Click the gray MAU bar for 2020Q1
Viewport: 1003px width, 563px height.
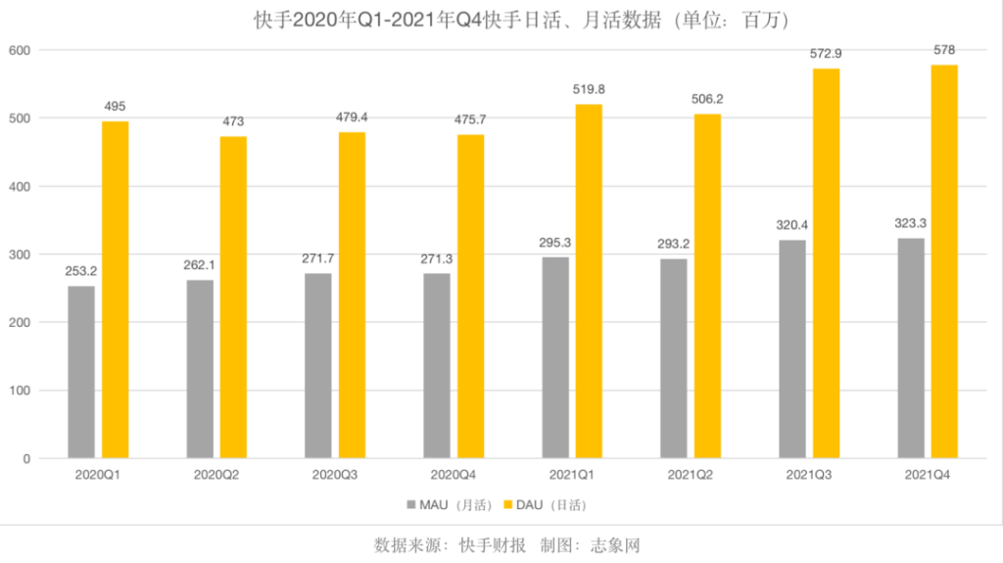[81, 372]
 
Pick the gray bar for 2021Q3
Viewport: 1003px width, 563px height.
[792, 350]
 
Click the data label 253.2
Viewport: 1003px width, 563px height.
[81, 272]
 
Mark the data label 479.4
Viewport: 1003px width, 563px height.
[352, 118]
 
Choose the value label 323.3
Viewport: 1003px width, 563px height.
[911, 223]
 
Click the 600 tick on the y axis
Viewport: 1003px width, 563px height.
[19, 50]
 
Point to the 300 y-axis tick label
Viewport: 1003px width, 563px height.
[19, 255]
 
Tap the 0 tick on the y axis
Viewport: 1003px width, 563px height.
[26, 458]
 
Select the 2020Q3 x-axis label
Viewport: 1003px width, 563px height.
[335, 475]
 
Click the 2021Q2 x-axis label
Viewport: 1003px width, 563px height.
[691, 475]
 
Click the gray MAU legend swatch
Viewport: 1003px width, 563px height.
[410, 505]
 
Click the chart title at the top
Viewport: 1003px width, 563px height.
[501, 19]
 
